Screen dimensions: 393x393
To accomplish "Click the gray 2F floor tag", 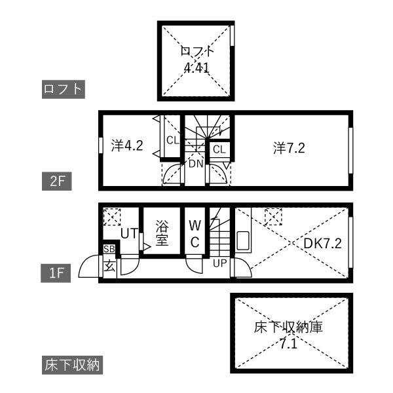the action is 57,181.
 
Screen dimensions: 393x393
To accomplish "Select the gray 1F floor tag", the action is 56,273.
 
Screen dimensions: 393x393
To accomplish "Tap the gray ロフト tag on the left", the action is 64,89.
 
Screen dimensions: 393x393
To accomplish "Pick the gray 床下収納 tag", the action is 72,365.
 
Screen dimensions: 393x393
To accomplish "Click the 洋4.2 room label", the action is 127,145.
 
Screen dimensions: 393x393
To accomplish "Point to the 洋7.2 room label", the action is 289,147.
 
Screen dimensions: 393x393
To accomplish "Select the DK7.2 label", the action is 322,243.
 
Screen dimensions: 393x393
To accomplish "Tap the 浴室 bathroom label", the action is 162,233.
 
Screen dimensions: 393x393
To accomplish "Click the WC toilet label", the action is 195,234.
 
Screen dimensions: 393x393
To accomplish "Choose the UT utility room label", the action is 129,233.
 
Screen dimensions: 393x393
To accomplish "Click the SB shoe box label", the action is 109,249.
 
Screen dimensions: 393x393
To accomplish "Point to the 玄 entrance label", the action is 110,266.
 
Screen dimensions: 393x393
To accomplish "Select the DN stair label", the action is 196,164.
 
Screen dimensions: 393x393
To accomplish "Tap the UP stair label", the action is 220,263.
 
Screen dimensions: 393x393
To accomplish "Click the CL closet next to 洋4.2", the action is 173,140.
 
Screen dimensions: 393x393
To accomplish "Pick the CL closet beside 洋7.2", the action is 219,149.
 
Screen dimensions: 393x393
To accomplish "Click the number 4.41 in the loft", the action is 196,67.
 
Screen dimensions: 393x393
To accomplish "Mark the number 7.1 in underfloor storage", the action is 288,344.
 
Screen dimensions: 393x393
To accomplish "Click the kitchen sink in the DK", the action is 243,240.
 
